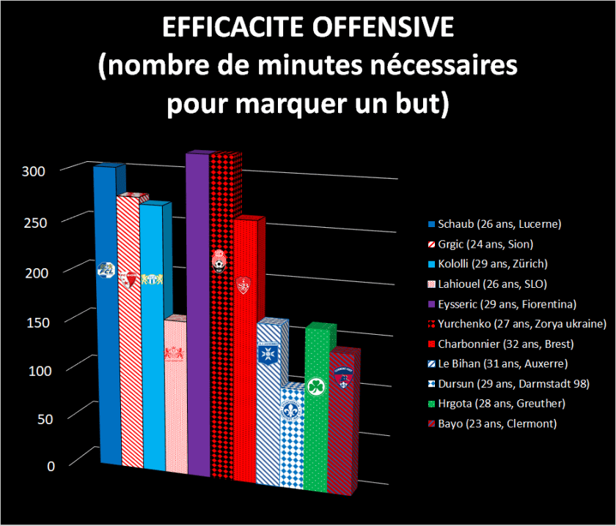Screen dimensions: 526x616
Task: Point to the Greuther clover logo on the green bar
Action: click(x=316, y=386)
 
